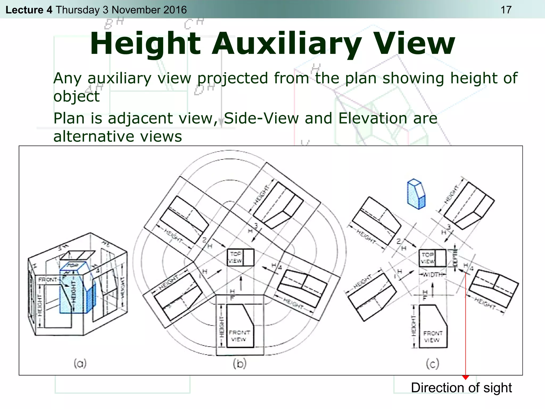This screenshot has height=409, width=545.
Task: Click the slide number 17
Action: pyautogui.click(x=506, y=10)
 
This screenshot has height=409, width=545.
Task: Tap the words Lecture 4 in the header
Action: pyautogui.click(x=29, y=10)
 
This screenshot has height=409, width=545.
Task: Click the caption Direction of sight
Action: pyautogui.click(x=461, y=388)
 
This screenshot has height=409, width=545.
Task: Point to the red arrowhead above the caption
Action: pyautogui.click(x=465, y=377)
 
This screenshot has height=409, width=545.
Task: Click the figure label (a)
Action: pyautogui.click(x=80, y=363)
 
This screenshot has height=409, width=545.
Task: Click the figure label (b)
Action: pyautogui.click(x=240, y=363)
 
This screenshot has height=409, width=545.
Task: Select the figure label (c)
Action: pyautogui.click(x=432, y=363)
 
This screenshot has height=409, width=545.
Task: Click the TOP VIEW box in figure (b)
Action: pyautogui.click(x=240, y=257)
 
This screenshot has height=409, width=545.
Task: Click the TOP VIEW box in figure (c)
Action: pyautogui.click(x=432, y=258)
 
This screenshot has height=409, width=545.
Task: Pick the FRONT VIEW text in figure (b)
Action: pyautogui.click(x=239, y=336)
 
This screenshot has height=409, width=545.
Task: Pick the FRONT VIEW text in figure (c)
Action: pyautogui.click(x=432, y=337)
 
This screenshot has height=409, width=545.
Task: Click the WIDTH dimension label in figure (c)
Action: pyautogui.click(x=433, y=275)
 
